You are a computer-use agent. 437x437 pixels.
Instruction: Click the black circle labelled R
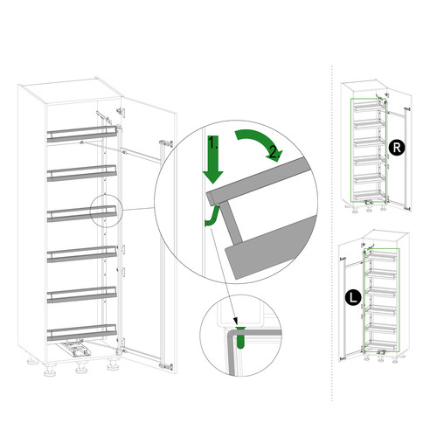click(x=397, y=148)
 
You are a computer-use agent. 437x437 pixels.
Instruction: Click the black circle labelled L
click(x=353, y=297)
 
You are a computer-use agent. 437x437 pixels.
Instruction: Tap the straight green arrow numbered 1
click(x=213, y=159)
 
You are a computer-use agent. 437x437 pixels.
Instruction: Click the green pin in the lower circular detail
click(x=240, y=337)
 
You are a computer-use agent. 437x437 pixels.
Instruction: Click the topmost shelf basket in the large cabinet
click(x=82, y=135)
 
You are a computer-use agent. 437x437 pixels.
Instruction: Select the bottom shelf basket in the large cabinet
click(x=82, y=332)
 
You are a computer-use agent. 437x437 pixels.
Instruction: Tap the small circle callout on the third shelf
click(x=106, y=211)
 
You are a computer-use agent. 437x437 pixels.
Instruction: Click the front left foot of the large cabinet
click(x=51, y=371)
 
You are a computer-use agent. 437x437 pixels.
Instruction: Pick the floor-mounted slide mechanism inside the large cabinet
click(x=75, y=349)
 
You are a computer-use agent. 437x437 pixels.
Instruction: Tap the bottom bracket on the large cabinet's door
click(x=166, y=366)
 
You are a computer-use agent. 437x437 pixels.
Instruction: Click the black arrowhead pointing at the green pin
click(x=236, y=322)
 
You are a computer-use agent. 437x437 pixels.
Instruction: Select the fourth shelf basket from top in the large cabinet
click(x=82, y=254)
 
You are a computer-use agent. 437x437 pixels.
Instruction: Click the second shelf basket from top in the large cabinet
click(x=82, y=173)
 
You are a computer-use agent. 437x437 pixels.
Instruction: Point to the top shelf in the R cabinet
click(x=369, y=108)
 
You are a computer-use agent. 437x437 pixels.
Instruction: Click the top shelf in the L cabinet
click(x=382, y=256)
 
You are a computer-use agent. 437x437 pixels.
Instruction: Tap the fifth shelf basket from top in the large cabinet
click(x=82, y=295)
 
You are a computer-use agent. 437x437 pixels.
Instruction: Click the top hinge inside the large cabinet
click(x=121, y=111)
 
